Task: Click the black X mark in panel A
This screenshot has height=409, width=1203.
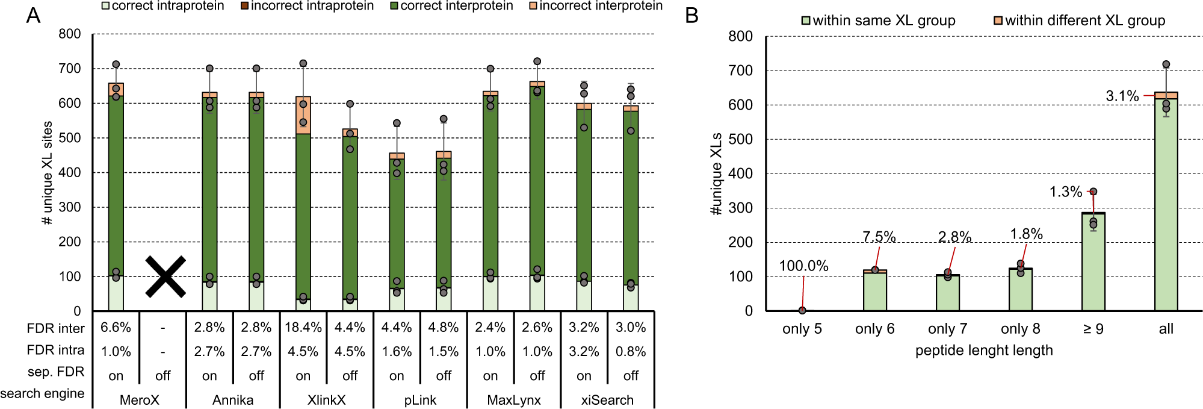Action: pos(165,277)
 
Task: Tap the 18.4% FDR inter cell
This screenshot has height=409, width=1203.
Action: pos(303,328)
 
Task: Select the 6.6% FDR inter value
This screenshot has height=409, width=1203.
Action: pos(116,328)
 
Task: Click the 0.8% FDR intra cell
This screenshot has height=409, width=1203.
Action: pos(630,352)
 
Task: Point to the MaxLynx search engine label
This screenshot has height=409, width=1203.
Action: pos(513,400)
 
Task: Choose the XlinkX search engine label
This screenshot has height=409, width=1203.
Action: pos(326,400)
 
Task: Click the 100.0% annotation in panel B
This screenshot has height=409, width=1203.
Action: pos(803,266)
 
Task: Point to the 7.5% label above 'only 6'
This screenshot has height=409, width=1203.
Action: pos(879,237)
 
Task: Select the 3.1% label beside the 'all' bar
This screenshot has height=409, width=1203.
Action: pos(1122,96)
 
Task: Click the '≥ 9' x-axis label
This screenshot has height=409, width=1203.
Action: pos(1093,329)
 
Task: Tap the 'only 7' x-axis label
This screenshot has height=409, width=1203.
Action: pos(947,329)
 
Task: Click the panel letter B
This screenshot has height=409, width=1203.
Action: pos(691,16)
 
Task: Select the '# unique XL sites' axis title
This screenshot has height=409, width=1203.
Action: pos(48,173)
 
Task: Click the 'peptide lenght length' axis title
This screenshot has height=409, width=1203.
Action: pos(984,351)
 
